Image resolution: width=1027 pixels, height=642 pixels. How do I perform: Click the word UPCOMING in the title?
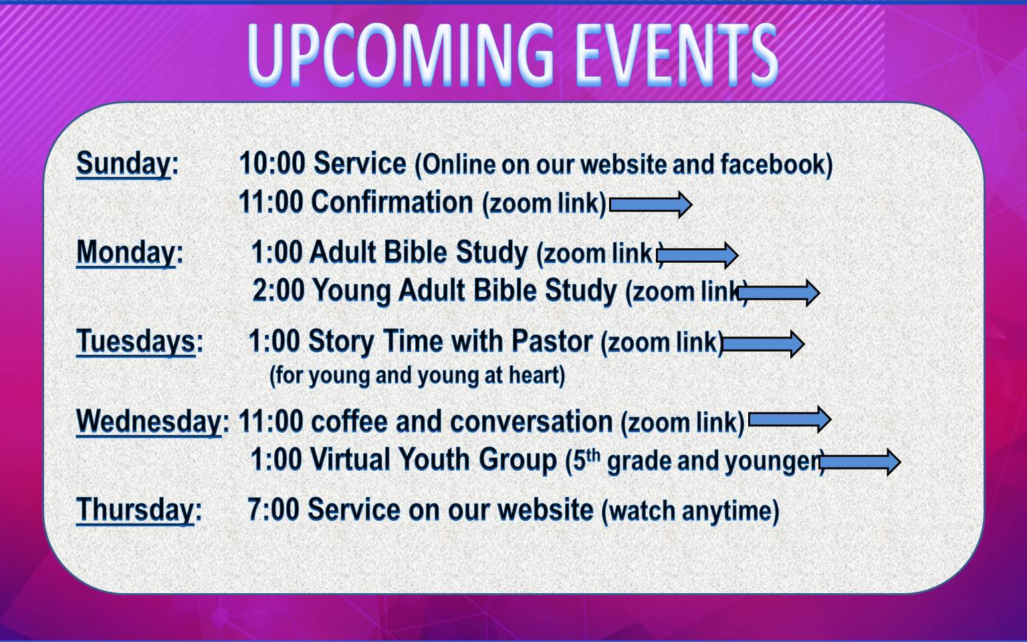tap(402, 55)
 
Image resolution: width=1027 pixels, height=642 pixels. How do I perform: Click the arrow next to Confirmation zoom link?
tap(651, 205)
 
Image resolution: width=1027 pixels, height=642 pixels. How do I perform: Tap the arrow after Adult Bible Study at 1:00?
tap(697, 255)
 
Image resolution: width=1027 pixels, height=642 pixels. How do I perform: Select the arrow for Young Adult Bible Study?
tap(779, 292)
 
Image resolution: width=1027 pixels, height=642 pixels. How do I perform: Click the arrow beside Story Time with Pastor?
tap(764, 344)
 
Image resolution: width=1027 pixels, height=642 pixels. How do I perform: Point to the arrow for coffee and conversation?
tap(790, 419)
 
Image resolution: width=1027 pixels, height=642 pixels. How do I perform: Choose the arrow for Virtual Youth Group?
tap(860, 462)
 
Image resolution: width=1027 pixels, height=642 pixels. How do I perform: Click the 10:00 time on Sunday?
tap(272, 163)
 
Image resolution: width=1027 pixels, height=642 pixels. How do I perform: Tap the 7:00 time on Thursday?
tap(273, 510)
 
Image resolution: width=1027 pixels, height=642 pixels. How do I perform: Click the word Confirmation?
tap(392, 202)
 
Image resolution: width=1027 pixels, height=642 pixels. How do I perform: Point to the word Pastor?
tap(552, 341)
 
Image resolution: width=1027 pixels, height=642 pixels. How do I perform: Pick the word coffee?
tap(350, 421)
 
